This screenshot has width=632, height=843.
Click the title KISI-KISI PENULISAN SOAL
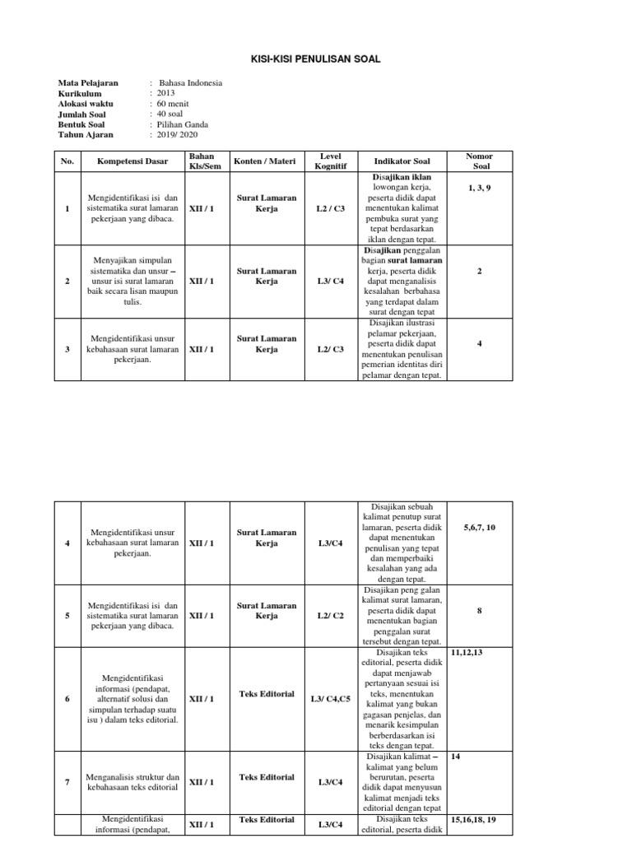(315, 59)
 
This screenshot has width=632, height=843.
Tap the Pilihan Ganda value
(184, 124)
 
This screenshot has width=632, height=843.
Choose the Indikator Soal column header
(402, 161)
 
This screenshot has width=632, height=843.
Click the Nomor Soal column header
(479, 161)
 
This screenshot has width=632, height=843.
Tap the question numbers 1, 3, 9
(479, 189)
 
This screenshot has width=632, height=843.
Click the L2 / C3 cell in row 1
(330, 209)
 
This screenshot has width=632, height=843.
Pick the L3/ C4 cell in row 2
(330, 281)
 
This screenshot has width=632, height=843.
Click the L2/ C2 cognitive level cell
(330, 616)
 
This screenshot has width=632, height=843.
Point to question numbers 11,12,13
(467, 652)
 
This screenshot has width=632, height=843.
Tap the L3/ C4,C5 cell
(330, 699)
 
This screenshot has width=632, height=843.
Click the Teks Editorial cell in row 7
(267, 776)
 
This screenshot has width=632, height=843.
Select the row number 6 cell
(67, 699)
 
